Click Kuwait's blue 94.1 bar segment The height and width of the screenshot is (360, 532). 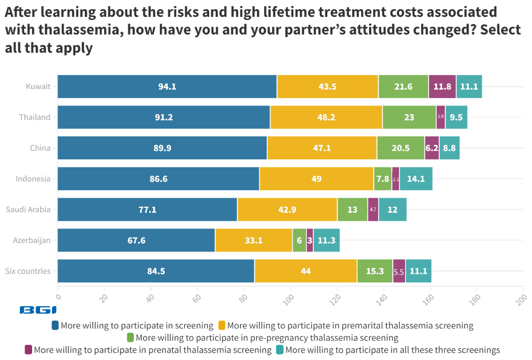(x=167, y=87)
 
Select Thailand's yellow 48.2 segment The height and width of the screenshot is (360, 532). (x=327, y=118)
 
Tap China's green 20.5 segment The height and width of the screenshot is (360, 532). (x=401, y=148)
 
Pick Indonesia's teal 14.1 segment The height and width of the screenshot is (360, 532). (x=416, y=179)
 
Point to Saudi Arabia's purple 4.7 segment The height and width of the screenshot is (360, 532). (x=373, y=210)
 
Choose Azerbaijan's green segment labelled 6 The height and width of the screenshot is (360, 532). (x=299, y=241)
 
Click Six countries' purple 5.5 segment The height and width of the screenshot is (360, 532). (x=399, y=272)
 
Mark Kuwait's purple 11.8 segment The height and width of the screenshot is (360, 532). (x=442, y=87)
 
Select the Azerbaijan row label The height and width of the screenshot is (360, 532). (x=32, y=241)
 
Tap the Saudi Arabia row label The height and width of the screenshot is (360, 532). (x=28, y=210)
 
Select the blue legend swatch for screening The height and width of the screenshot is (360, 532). (x=56, y=325)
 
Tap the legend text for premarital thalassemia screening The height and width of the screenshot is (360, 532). (x=350, y=325)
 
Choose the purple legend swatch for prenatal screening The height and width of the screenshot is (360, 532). (x=28, y=350)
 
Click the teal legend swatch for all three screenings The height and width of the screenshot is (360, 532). (x=279, y=350)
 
